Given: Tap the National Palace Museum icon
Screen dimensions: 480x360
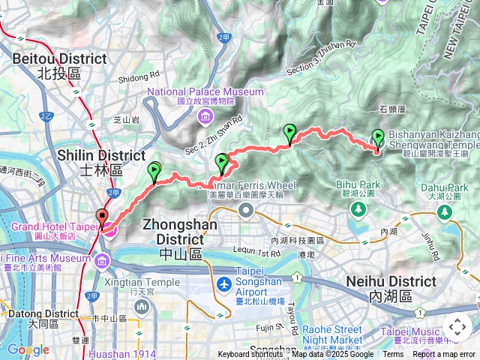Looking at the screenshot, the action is tap(205, 116).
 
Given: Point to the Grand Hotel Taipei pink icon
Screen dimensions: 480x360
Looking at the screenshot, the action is tap(109, 228).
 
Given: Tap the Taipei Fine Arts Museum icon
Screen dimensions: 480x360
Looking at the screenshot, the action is tap(101, 259).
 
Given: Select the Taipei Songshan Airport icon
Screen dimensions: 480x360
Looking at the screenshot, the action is tap(223, 285).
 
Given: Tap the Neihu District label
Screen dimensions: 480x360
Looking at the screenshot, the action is tap(391, 287).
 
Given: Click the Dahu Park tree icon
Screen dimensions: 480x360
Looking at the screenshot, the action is tap(445, 212).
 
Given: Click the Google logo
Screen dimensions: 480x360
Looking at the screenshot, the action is tap(28, 349).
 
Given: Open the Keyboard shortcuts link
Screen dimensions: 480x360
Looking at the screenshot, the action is tap(250, 355).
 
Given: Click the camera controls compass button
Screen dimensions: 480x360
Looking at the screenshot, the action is tap(457, 326).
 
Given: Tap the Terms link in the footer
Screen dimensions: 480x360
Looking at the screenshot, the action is tap(393, 355).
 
